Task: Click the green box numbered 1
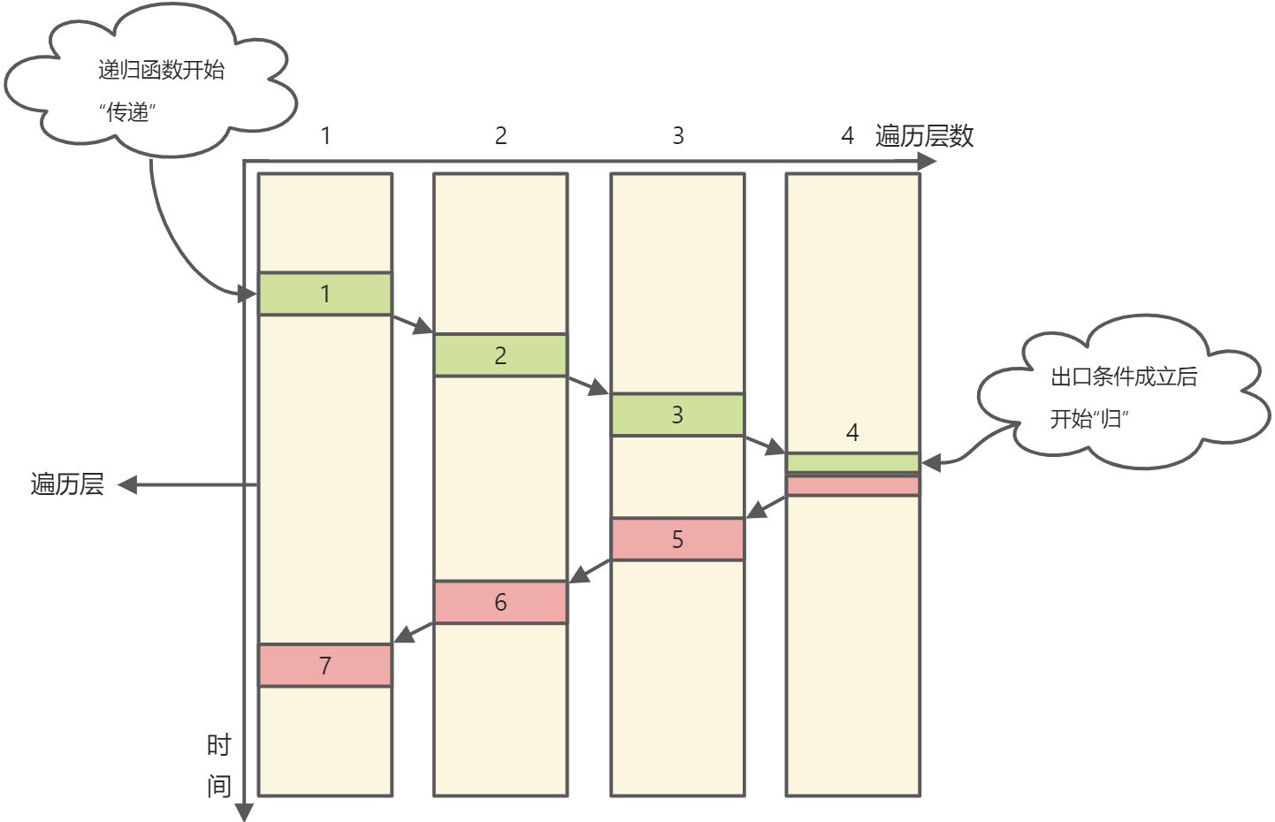(x=324, y=293)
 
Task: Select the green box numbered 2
(x=500, y=355)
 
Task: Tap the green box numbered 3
(x=677, y=415)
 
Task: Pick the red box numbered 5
(x=677, y=539)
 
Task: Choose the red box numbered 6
(x=500, y=602)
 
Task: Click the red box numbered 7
(x=324, y=665)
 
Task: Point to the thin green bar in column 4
(x=852, y=462)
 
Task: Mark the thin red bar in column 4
(x=852, y=485)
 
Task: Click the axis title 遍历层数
(x=924, y=136)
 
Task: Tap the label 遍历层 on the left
(x=67, y=484)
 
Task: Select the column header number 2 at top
(x=500, y=136)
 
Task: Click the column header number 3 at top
(x=677, y=136)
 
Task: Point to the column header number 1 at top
(x=325, y=136)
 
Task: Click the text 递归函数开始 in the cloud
(x=161, y=70)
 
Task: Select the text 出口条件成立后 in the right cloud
(x=1123, y=377)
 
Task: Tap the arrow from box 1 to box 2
(x=412, y=324)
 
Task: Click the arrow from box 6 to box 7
(x=413, y=633)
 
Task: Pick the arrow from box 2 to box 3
(x=588, y=385)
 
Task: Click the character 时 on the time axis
(x=218, y=745)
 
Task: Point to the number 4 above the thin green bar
(x=852, y=432)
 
